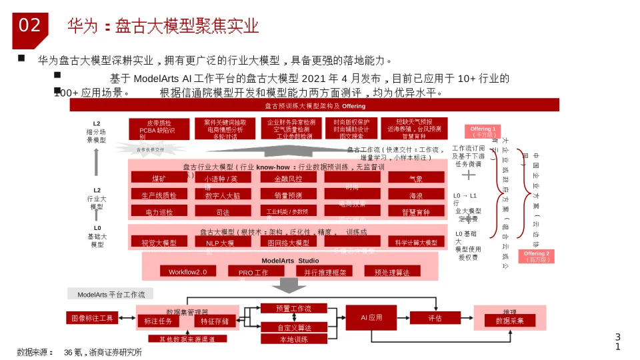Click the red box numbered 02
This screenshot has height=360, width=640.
coord(29,26)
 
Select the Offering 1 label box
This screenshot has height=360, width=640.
coord(482,131)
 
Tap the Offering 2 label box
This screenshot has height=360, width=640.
coord(537,257)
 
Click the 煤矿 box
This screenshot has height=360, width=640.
coord(159,178)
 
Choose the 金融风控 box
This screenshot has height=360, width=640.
coord(288,178)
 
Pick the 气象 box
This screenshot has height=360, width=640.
coord(416,178)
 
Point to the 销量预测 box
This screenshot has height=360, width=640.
coord(288,195)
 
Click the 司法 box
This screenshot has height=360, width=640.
coord(223,212)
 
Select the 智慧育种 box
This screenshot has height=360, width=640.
coord(416,212)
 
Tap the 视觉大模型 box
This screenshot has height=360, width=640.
coord(159,243)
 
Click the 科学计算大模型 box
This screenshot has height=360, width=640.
coord(416,243)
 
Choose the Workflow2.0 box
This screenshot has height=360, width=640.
coord(188,271)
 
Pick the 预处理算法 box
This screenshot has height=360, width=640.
coord(392,271)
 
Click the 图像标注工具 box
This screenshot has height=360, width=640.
coord(93,318)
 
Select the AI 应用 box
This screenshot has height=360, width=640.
coord(371,318)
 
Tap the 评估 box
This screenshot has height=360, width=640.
coord(435,318)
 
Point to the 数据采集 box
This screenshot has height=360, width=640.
coord(509,321)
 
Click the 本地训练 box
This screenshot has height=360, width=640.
coord(293,339)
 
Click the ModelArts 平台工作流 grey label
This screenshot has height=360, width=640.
coord(111,294)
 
